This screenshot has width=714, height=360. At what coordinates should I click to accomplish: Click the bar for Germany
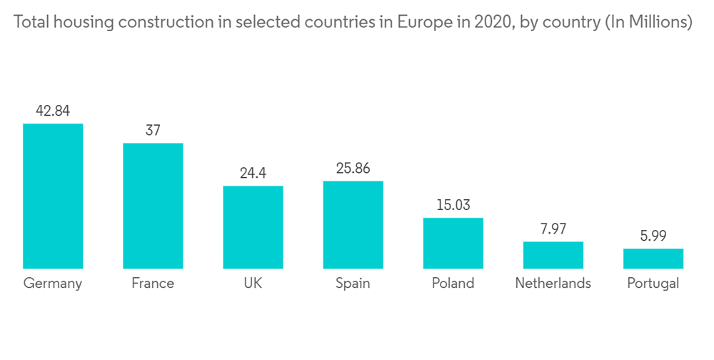pos(53,196)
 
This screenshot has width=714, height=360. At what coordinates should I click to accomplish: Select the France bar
pos(153,206)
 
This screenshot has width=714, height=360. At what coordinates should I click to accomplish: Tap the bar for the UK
pos(253,227)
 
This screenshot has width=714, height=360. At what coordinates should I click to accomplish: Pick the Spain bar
pos(353,224)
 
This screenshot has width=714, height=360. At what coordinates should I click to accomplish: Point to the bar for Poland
pos(453,243)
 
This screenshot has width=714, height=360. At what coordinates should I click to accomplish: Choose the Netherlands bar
pos(553,255)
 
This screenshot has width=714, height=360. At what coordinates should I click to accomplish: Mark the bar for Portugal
pos(653,259)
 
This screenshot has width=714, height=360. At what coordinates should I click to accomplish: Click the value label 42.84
pos(53,111)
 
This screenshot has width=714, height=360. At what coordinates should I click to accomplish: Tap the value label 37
pos(153,130)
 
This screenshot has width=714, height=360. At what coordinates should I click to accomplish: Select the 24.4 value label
pos(253,173)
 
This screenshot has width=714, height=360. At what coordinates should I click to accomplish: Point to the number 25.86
pos(353,168)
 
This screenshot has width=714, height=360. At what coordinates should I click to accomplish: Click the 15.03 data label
pos(453,205)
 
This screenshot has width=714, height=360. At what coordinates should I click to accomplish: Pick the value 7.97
pos(553,229)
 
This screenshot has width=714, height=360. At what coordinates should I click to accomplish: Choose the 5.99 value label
pos(653,236)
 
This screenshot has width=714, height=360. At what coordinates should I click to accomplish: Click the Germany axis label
pos(53,284)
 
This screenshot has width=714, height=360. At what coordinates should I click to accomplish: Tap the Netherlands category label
pos(553,284)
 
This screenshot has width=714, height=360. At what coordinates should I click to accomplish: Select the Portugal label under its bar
pos(653,284)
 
